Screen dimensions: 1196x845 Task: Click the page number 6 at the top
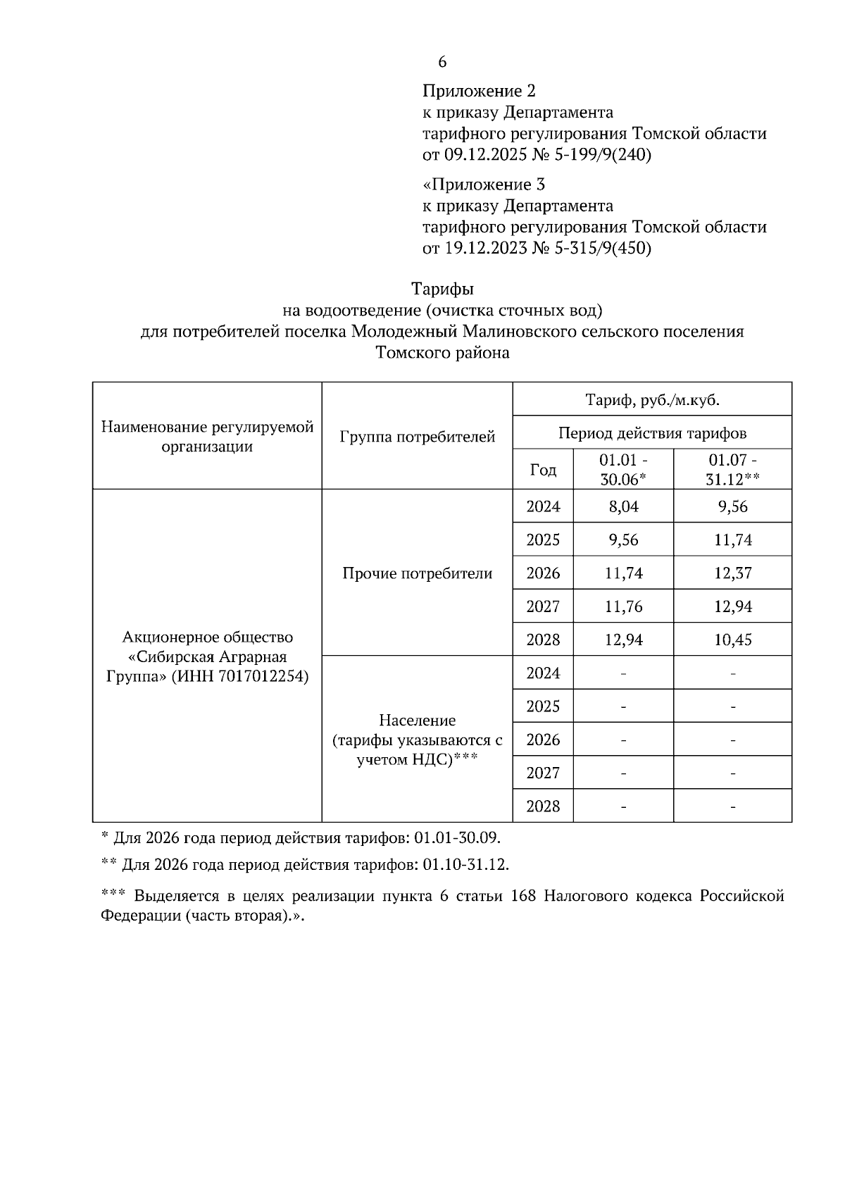[x=442, y=62]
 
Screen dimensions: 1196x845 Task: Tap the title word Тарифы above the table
[x=442, y=289]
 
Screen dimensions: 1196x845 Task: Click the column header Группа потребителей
[x=417, y=437]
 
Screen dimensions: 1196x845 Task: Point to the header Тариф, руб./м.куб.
[x=652, y=400]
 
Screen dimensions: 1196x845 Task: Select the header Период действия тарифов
[x=652, y=432]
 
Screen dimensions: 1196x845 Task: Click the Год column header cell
[x=543, y=469]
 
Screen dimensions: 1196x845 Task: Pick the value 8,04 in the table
[x=623, y=506]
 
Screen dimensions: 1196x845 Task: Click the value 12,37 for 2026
[x=732, y=573]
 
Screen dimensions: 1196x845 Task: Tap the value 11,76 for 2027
[x=623, y=606]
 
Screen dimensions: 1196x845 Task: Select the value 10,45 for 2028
[x=732, y=640]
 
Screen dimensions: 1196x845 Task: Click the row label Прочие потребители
[x=417, y=573]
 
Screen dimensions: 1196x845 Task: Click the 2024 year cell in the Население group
[x=543, y=673]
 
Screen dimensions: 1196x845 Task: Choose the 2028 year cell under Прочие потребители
[x=543, y=640]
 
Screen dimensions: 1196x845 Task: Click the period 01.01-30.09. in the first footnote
[x=458, y=838]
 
